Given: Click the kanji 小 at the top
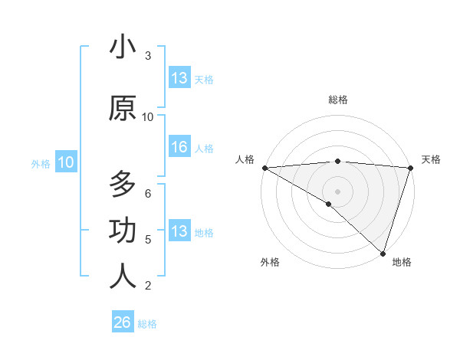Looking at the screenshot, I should coord(123,47).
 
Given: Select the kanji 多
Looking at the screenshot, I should coord(123,185).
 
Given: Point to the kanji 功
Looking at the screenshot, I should coord(123,231).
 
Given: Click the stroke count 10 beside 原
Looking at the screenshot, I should coord(148,116).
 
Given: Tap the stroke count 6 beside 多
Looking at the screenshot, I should coord(148,193).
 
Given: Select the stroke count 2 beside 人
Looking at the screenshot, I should coord(148,286).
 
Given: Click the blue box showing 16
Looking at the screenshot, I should coord(179,148).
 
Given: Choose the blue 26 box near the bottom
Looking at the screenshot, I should coord(123,322).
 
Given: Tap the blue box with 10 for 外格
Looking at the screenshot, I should coord(66,162).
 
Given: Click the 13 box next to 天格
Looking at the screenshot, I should coord(179,78).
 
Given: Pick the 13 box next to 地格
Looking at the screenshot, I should coord(179,231).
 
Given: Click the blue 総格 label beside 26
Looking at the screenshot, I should coord(147,324).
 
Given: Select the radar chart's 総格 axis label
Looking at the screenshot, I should coord(337,100).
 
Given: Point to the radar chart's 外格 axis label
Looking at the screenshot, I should coord(270,262).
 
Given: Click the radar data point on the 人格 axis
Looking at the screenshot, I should coord(264,168).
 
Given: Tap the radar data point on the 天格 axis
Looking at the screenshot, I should coord(410,168).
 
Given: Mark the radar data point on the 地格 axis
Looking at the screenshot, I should coord(383,254).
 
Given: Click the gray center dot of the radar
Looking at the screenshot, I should coord(337,190).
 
